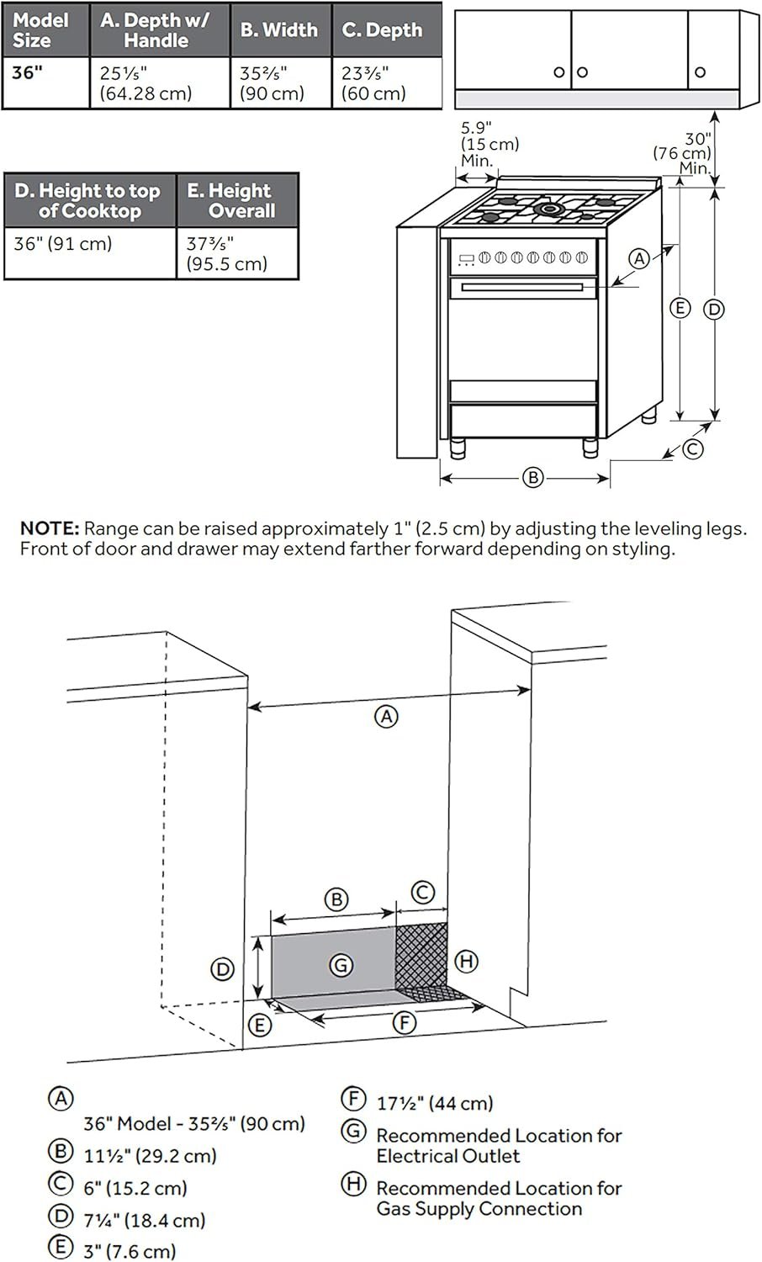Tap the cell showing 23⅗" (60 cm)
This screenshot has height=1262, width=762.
[374, 83]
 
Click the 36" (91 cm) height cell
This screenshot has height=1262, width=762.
[62, 244]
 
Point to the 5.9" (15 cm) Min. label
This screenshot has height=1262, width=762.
[488, 143]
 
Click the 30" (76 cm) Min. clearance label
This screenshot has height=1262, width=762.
[684, 152]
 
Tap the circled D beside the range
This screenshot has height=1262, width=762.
[713, 309]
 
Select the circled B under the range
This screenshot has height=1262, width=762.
[532, 478]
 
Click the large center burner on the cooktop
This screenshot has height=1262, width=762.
[550, 207]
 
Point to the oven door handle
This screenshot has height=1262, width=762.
[521, 288]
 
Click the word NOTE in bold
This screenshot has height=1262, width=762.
[49, 529]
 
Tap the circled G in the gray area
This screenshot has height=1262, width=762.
[340, 965]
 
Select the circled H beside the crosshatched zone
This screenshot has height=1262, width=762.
[465, 961]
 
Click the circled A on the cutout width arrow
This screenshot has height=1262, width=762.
[385, 717]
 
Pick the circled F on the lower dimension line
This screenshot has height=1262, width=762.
[405, 1023]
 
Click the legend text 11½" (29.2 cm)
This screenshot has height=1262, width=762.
[150, 1155]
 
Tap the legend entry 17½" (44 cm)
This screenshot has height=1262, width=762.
[434, 1102]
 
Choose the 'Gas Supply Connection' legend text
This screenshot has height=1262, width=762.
[479, 1209]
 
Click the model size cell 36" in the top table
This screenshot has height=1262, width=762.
[28, 72]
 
